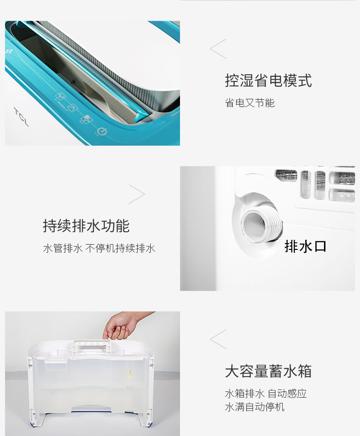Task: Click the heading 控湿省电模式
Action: (268, 81)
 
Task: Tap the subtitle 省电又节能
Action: (250, 103)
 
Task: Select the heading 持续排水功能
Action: (86, 225)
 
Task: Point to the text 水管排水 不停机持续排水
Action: (99, 248)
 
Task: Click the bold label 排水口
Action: (305, 247)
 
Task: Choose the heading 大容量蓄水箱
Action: (268, 371)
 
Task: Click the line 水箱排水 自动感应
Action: (266, 393)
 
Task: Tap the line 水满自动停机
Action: (254, 407)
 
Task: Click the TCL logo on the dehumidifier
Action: (21, 117)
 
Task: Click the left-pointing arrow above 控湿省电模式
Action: (218, 48)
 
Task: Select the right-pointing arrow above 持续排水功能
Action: (137, 194)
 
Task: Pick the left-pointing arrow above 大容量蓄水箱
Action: (218, 339)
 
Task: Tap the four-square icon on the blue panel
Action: (86, 119)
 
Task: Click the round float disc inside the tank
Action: (129, 373)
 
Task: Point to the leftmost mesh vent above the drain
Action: (286, 175)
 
